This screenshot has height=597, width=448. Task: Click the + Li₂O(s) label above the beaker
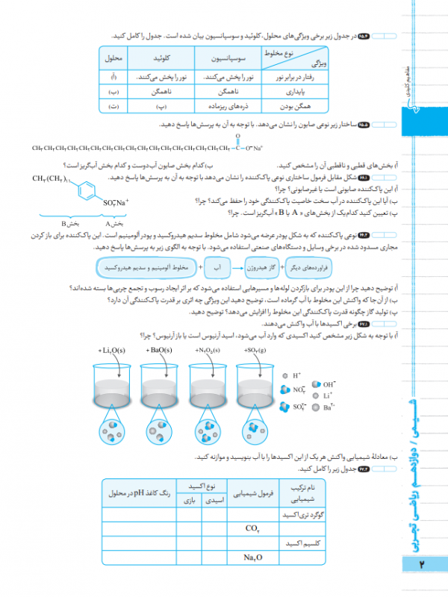(x=113, y=349)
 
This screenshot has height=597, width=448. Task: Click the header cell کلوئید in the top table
(x=163, y=57)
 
